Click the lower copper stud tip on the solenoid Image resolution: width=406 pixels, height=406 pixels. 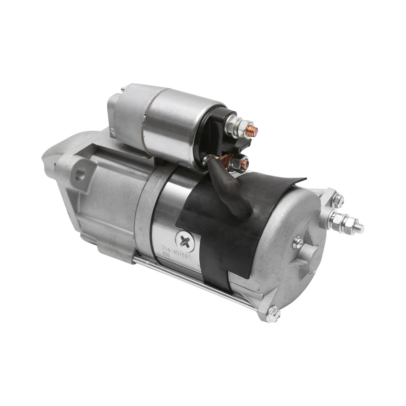(246, 164)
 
